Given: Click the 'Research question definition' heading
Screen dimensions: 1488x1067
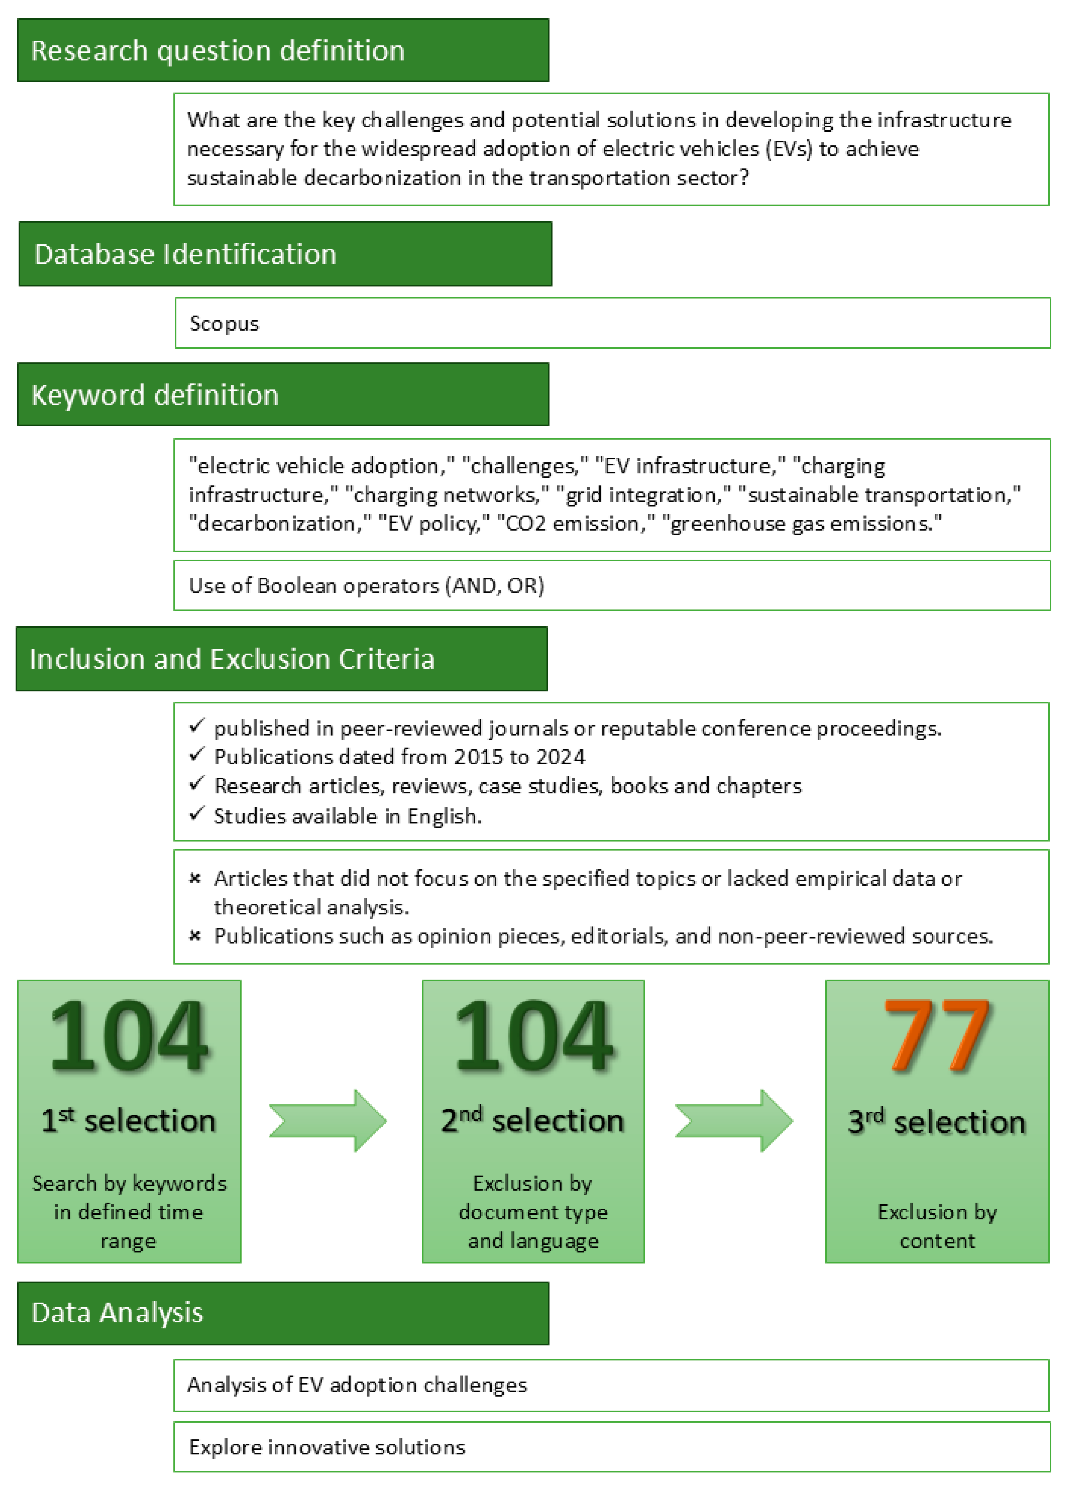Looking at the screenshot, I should [x=217, y=50].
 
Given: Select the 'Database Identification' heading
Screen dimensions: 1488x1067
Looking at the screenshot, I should [x=185, y=254].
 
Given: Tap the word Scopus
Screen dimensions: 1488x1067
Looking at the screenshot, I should [x=224, y=324].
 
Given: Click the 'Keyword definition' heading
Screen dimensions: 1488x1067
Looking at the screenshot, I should [x=155, y=395].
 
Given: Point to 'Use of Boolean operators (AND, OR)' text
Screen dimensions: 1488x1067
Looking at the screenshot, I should [x=366, y=585].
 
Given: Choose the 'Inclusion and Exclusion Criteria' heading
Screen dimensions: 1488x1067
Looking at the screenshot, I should [x=232, y=659].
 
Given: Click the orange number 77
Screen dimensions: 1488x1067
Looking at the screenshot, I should [x=937, y=1037].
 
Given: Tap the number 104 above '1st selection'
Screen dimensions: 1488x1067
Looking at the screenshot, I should [x=129, y=1037].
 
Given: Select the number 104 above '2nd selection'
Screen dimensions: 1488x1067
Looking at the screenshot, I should [x=533, y=1037].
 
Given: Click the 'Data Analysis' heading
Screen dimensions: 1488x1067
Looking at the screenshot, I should [x=117, y=1313].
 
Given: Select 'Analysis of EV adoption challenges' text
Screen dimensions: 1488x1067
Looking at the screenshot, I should [x=357, y=1385].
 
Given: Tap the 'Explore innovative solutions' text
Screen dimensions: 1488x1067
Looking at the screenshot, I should [x=327, y=1447].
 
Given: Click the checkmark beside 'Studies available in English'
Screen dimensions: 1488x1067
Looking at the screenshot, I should [x=196, y=814].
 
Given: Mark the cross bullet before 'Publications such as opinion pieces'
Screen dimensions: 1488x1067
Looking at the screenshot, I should [x=195, y=935].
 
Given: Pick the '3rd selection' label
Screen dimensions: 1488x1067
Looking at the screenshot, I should [x=937, y=1122].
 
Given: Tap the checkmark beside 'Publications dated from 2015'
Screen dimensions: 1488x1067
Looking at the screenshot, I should [x=196, y=755].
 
